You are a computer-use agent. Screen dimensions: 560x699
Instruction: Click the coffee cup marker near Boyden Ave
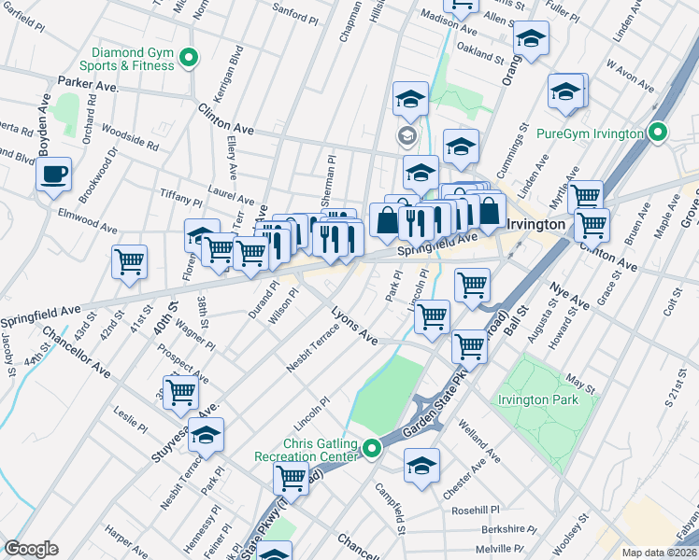pyautogui.click(x=53, y=175)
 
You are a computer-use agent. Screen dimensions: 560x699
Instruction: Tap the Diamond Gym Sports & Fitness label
pyautogui.click(x=133, y=60)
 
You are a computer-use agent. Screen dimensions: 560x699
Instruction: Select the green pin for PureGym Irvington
pyautogui.click(x=658, y=133)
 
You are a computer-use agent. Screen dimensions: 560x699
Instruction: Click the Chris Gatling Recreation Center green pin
pyautogui.click(x=372, y=451)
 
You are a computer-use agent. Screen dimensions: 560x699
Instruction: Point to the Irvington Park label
pyautogui.click(x=537, y=399)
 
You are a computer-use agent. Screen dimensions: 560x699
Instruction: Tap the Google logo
pyautogui.click(x=31, y=549)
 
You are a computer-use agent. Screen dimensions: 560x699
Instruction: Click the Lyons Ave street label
pyautogui.click(x=355, y=328)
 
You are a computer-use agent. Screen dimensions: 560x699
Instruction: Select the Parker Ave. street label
pyautogui.click(x=87, y=84)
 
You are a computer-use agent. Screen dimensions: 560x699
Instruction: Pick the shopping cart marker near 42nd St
pyautogui.click(x=129, y=260)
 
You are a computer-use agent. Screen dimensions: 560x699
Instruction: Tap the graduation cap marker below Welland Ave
pyautogui.click(x=421, y=465)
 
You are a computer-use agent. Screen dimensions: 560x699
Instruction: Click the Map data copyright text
pyautogui.click(x=660, y=552)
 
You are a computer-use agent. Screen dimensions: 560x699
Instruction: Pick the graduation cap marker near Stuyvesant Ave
pyautogui.click(x=207, y=435)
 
